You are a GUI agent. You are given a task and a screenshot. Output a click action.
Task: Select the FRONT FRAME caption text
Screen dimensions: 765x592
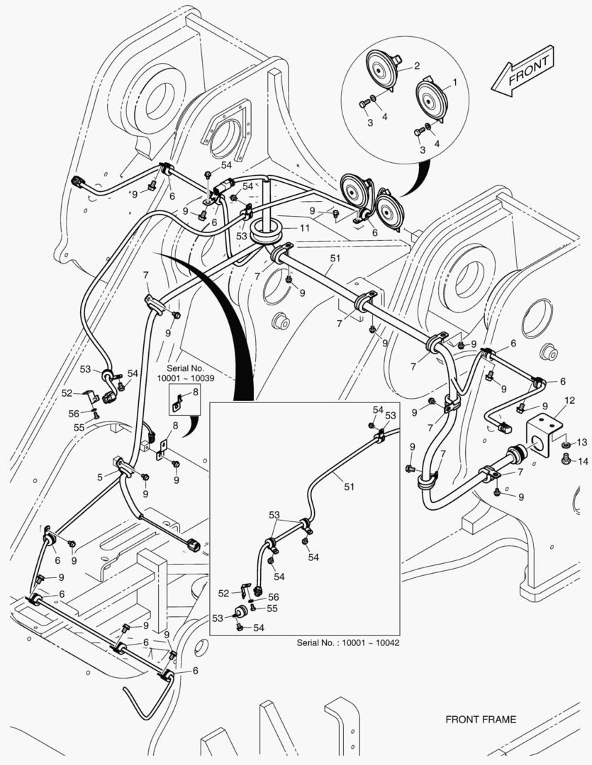(x=481, y=720)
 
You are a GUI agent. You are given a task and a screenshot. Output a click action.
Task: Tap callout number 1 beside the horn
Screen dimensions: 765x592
(x=454, y=81)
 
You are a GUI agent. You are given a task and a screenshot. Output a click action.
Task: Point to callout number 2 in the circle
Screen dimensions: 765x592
(x=417, y=66)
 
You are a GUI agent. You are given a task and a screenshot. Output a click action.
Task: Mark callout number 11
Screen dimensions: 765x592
(x=303, y=228)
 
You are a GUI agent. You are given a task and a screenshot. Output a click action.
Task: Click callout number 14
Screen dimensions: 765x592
(x=582, y=461)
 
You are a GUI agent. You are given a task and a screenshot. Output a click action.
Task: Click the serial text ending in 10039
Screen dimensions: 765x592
(x=186, y=374)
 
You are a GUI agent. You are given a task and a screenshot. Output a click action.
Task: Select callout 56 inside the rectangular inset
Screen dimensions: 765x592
(x=272, y=597)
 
